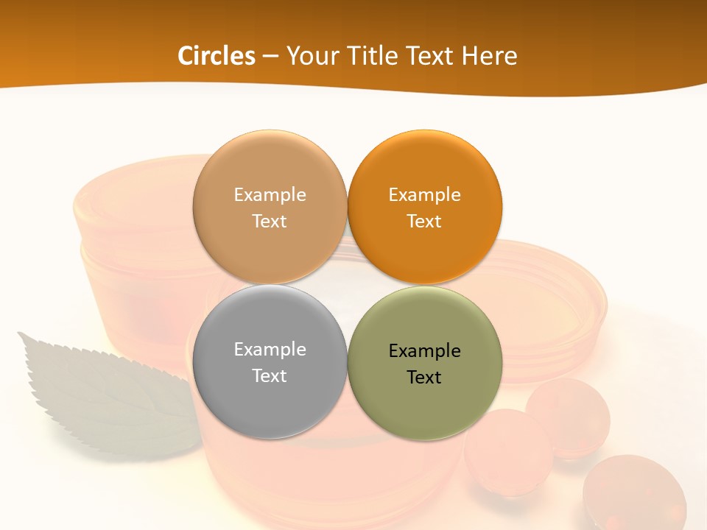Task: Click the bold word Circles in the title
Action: (x=216, y=55)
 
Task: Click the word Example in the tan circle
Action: (x=270, y=194)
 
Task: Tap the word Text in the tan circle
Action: (x=270, y=221)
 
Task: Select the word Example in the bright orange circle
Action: (x=424, y=194)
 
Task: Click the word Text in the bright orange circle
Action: (x=424, y=221)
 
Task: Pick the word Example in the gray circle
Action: (x=270, y=349)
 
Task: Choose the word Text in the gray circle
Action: (x=270, y=375)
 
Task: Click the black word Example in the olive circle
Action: (x=424, y=350)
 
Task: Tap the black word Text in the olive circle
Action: (x=424, y=377)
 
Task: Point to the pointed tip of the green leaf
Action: (x=20, y=335)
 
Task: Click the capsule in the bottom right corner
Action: (x=633, y=493)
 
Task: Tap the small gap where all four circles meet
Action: (x=347, y=285)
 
